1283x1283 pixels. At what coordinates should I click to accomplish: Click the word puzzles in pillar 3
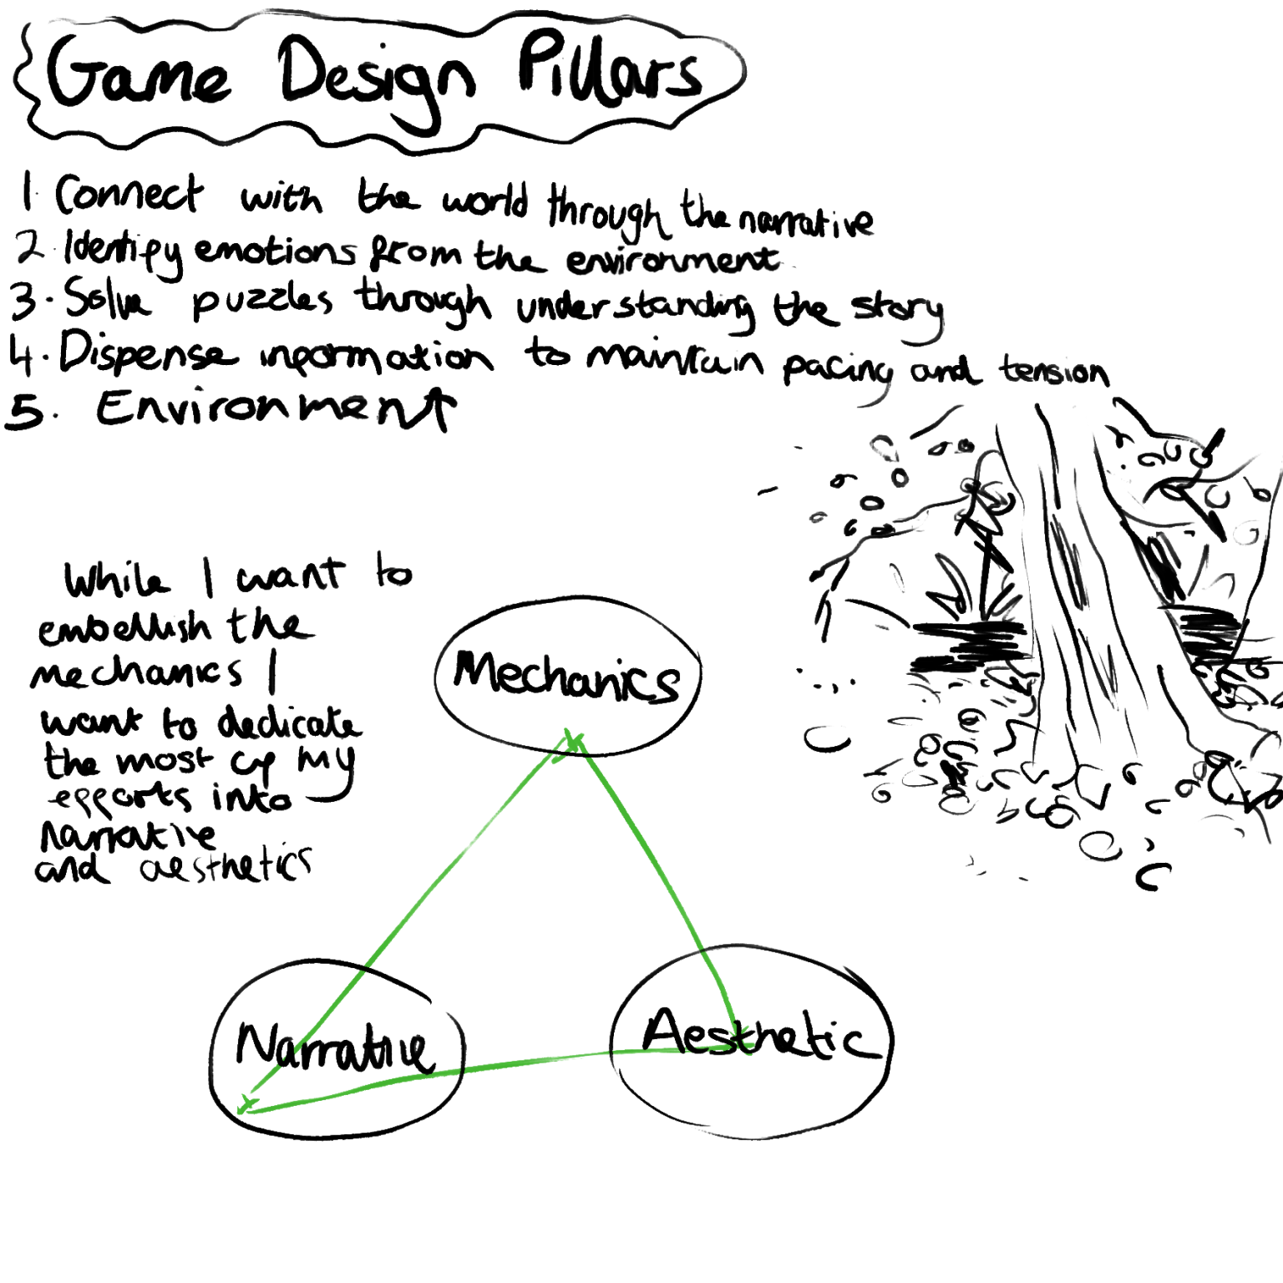point(261,301)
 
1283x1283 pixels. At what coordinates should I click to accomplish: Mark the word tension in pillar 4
point(1055,370)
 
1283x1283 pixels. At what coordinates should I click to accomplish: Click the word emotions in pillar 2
point(275,250)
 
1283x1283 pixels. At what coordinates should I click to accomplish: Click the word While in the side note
point(117,579)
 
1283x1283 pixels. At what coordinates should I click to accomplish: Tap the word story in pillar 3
point(897,312)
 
